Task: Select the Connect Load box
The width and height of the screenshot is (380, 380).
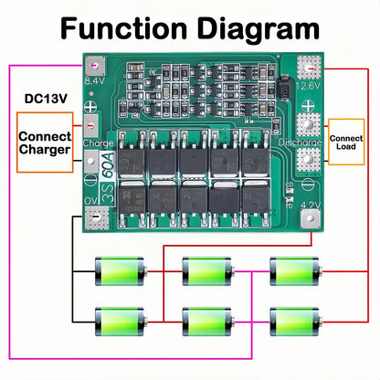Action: pyautogui.click(x=346, y=142)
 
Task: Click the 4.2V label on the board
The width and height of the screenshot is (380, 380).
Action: pyautogui.click(x=311, y=206)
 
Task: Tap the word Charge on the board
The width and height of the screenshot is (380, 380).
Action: pyautogui.click(x=98, y=143)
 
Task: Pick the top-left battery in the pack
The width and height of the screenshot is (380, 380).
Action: pyautogui.click(x=120, y=270)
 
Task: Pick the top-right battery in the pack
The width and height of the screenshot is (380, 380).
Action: pyautogui.click(x=294, y=270)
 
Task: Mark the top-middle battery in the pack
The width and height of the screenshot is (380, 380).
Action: pyautogui.click(x=206, y=270)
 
